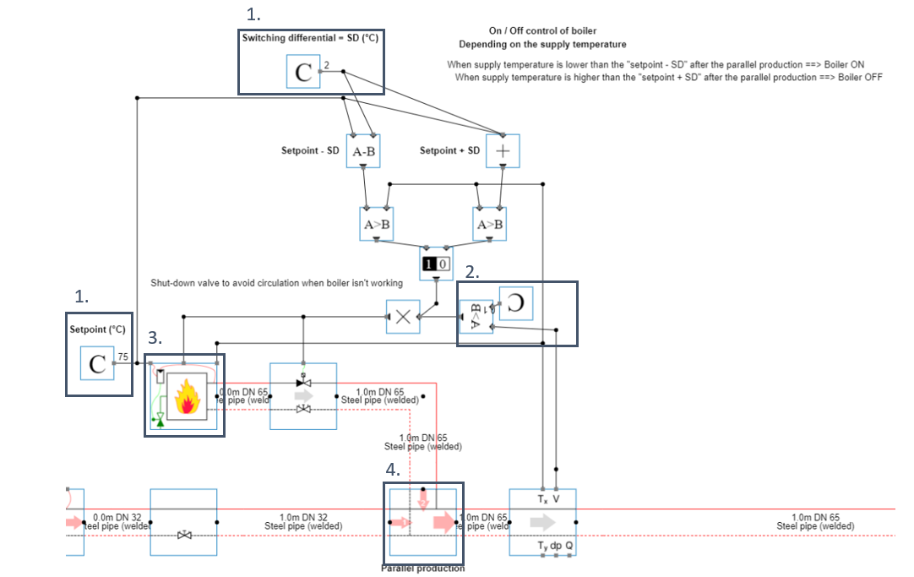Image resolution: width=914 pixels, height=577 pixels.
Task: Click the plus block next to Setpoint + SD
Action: (x=502, y=151)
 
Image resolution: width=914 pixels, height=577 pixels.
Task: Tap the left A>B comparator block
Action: (x=376, y=224)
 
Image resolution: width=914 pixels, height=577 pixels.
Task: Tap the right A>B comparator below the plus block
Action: (x=490, y=224)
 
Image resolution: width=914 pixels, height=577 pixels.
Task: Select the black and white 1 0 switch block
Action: (x=436, y=264)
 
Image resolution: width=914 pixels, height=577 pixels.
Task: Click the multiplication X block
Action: (x=403, y=317)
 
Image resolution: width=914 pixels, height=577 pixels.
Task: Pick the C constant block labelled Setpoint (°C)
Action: (x=98, y=364)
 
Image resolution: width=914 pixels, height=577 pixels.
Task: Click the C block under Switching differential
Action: (x=302, y=73)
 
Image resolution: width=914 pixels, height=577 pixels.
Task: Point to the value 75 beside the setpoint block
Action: (x=122, y=357)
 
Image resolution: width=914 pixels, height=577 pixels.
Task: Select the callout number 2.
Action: (x=472, y=272)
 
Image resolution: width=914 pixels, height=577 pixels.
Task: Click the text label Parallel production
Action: (x=422, y=569)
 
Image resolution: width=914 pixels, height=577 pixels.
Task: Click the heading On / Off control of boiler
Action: (x=542, y=30)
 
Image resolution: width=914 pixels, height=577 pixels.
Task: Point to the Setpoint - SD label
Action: (x=310, y=151)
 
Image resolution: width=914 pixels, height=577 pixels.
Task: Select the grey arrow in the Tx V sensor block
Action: (x=541, y=522)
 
